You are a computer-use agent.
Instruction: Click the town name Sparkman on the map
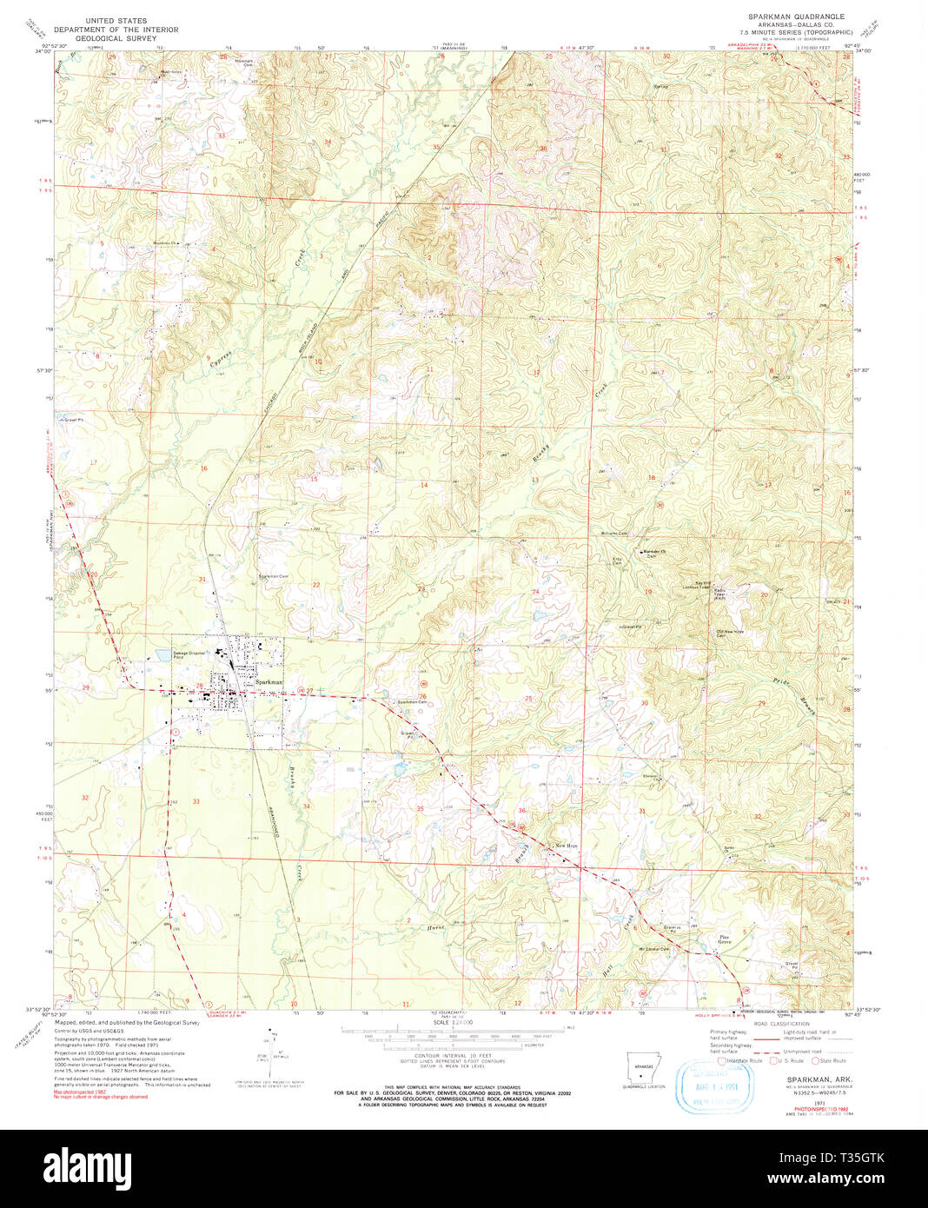coord(268,682)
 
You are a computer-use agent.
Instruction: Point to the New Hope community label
coord(567,846)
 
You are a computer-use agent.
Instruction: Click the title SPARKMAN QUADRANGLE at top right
coord(795,17)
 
